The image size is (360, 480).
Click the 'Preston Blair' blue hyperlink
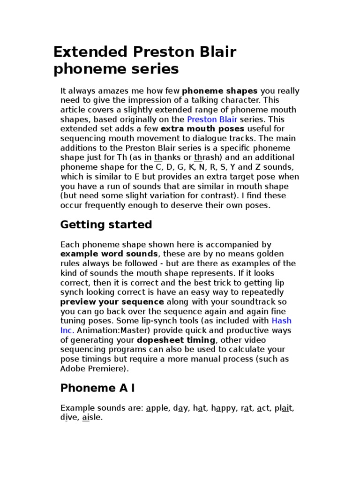pyautogui.click(x=212, y=120)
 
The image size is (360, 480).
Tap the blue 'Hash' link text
pyautogui.click(x=281, y=321)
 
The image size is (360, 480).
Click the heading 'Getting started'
pyautogui.click(x=106, y=225)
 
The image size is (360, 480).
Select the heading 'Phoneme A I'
pyautogui.click(x=97, y=388)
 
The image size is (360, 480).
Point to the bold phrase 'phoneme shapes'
pyautogui.click(x=220, y=91)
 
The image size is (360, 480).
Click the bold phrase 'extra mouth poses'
pyautogui.click(x=202, y=129)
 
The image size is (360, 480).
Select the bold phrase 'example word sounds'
pyautogui.click(x=109, y=254)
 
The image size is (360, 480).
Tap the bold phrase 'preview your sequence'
pyautogui.click(x=112, y=302)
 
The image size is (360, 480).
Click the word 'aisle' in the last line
pyautogui.click(x=92, y=417)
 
